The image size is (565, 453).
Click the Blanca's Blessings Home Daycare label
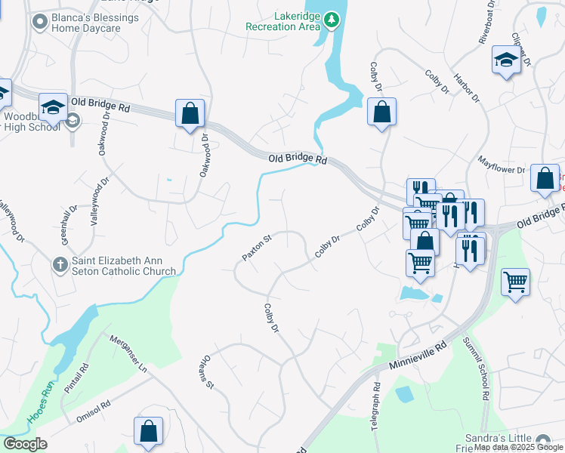click(88, 23)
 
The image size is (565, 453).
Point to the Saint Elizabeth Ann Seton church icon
click(60, 265)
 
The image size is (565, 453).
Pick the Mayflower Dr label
click(502, 165)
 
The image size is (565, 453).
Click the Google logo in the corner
click(25, 444)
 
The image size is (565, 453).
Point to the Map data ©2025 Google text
click(518, 448)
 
